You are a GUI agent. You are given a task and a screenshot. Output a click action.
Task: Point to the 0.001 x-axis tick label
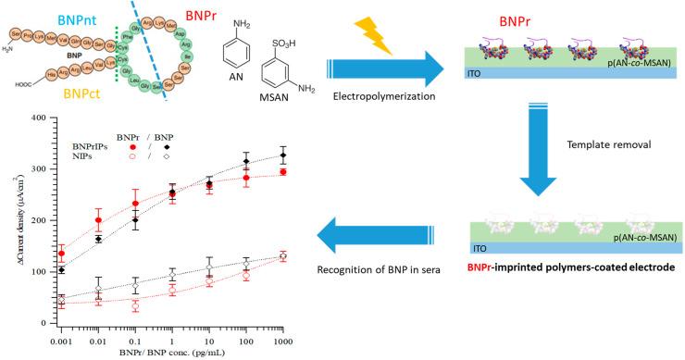tap(61, 337)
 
